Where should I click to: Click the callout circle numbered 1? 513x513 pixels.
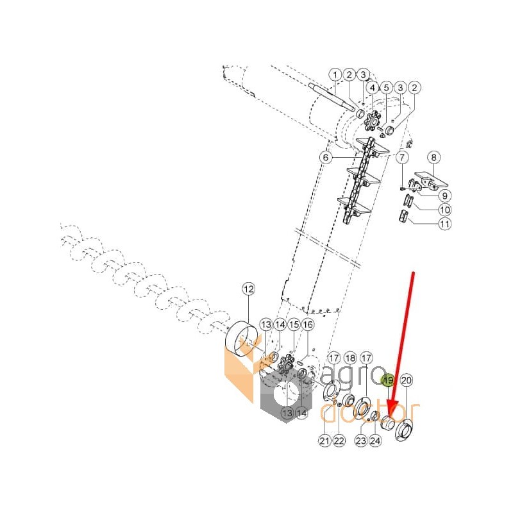tap(335, 75)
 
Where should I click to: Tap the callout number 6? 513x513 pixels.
tap(326, 157)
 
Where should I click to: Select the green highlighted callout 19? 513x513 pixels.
tap(389, 380)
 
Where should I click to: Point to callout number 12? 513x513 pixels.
tap(249, 289)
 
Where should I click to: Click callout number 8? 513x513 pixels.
tap(434, 157)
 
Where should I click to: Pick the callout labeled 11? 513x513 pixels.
tap(444, 224)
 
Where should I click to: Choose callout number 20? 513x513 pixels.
tap(406, 380)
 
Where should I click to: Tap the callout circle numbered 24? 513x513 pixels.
tap(375, 441)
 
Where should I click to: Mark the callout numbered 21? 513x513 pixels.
tap(324, 441)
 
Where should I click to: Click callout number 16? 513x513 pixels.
tap(308, 324)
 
